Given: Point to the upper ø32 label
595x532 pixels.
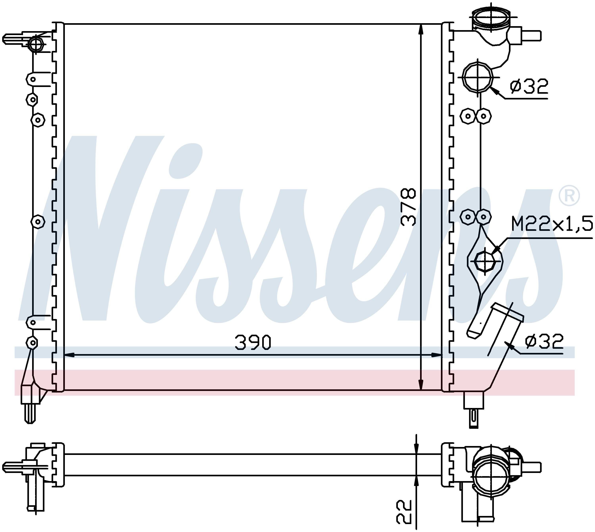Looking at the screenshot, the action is pos(529,87).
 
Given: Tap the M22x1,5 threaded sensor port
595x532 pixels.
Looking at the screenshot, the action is pos(486,260).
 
